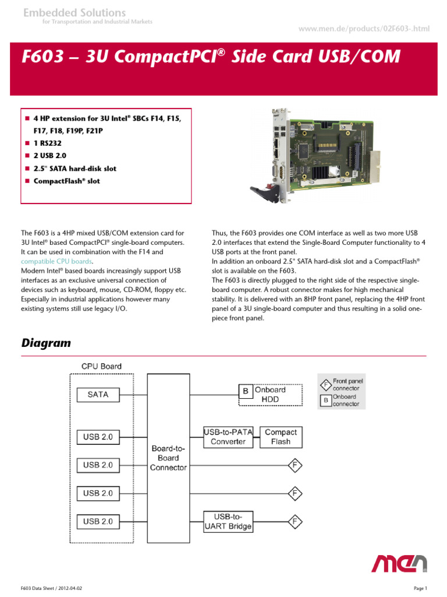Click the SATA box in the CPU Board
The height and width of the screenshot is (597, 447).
coord(98,395)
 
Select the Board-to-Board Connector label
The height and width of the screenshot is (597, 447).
coord(168,458)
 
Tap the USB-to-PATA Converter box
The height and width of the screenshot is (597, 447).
coord(225,437)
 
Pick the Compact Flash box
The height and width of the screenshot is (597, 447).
coord(281,437)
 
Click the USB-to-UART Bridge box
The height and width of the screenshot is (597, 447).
coord(228,521)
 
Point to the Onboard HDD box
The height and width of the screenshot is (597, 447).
coord(271,394)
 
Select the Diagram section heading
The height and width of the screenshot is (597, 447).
coord(46,343)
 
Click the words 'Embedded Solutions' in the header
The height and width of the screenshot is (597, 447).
coord(74,12)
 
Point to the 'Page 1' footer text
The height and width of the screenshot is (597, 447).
coord(420,588)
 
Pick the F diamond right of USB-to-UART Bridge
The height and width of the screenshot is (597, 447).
coord(295,521)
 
